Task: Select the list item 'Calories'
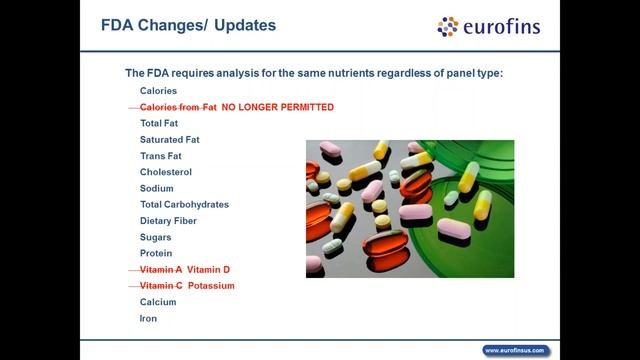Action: point(158,91)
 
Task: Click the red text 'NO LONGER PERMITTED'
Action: point(277,107)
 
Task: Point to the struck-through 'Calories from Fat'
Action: point(178,107)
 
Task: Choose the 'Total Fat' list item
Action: point(159,123)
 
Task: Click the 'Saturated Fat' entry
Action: point(169,140)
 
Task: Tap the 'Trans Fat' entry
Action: point(160,156)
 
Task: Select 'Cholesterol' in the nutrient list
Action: point(165,172)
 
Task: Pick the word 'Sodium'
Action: point(156,188)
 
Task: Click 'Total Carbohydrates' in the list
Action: point(184,204)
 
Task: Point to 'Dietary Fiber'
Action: point(168,221)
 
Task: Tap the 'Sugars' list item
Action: point(155,237)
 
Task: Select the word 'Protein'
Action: point(156,253)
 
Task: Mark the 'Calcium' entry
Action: point(158,302)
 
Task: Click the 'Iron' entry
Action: point(148,318)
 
